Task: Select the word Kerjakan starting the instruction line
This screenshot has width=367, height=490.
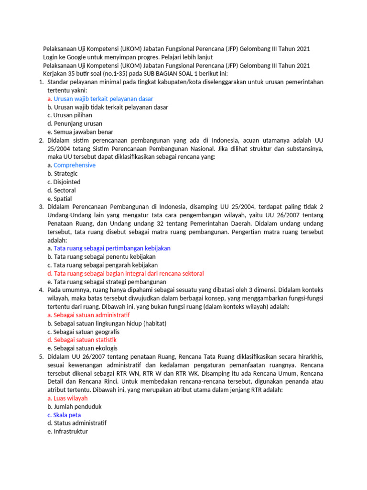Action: [x=56, y=74]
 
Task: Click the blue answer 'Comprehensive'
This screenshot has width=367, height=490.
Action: [x=72, y=165]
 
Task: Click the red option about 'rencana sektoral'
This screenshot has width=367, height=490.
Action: [x=126, y=273]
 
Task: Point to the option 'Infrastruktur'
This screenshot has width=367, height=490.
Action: [x=71, y=431]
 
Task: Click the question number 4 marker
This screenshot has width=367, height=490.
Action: [x=41, y=290]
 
